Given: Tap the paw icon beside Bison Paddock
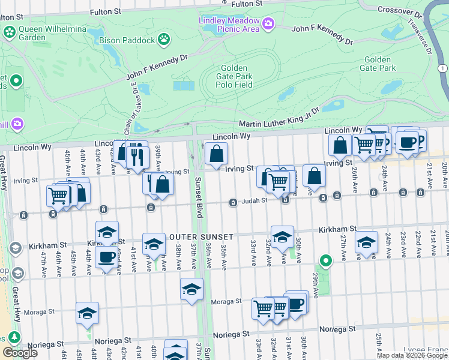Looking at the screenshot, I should click(163, 40).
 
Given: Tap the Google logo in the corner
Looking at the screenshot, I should click(20, 352).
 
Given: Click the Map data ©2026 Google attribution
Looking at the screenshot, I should click(412, 355).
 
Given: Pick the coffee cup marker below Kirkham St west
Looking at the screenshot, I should click(107, 257).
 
